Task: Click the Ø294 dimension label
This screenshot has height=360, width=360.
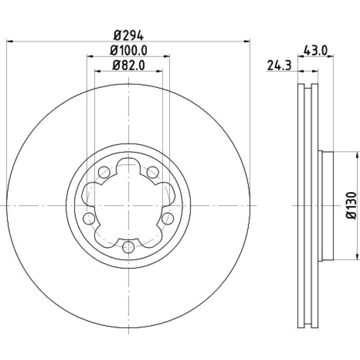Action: (x=129, y=36)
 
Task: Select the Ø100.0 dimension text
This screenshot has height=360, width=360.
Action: (x=129, y=50)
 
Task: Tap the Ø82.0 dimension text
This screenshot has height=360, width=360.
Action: (x=129, y=65)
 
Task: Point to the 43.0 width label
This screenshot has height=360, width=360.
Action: (x=315, y=50)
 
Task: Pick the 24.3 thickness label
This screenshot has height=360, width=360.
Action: (x=279, y=65)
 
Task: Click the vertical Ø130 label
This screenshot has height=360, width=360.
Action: (x=351, y=205)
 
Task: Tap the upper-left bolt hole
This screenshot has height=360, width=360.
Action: (x=104, y=172)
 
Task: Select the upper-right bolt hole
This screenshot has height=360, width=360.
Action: (x=153, y=172)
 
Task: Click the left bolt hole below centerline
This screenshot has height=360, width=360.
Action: (x=89, y=218)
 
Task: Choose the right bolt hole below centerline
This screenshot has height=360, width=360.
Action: (x=167, y=218)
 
